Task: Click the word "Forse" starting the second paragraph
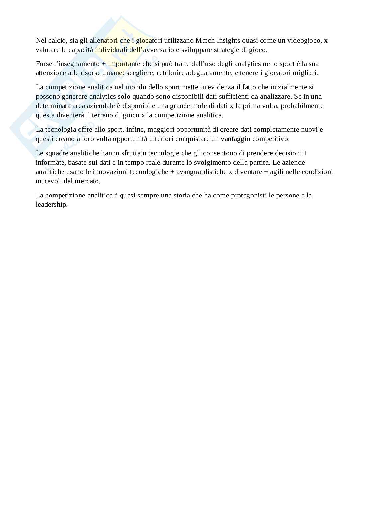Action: [44, 64]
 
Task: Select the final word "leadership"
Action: [52, 205]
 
